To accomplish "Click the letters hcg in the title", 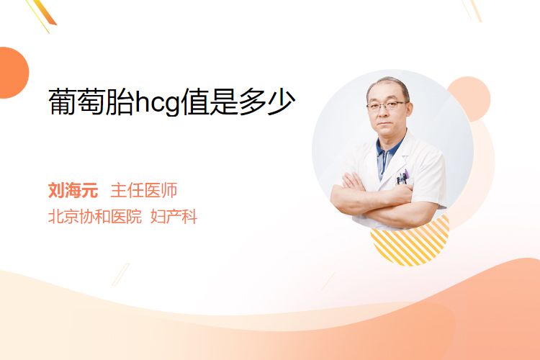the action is (158, 102).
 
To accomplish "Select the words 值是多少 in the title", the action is (238, 102).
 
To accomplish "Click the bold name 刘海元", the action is (73, 190).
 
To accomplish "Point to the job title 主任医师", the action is (143, 190).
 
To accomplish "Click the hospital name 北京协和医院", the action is (95, 217).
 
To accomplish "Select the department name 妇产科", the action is (174, 217).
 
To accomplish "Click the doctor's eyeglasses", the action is (386, 105).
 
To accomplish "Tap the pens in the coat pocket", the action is (402, 177).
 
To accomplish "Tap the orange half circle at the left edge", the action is (13, 73).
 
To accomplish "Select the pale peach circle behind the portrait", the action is (469, 99).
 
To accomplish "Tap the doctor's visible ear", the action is (410, 111).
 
